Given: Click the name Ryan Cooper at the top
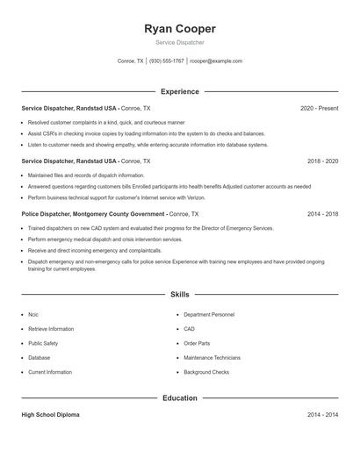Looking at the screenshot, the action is click(179, 29).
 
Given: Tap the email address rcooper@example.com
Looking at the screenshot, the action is click(216, 61).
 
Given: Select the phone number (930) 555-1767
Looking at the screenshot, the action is click(167, 61).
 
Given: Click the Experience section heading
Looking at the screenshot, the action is click(180, 91).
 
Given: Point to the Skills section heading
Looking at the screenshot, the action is click(180, 295).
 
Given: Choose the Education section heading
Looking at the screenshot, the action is click(180, 398).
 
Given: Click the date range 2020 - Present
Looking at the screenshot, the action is click(320, 108).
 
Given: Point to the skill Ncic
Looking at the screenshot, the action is click(33, 314).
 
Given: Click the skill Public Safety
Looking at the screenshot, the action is click(43, 343).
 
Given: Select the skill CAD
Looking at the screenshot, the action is click(189, 329).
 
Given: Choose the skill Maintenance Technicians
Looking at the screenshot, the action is click(212, 358).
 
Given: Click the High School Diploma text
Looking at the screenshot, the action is click(50, 415).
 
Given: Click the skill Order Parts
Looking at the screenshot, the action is click(197, 343).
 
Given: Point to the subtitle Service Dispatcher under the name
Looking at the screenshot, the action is click(179, 42).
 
